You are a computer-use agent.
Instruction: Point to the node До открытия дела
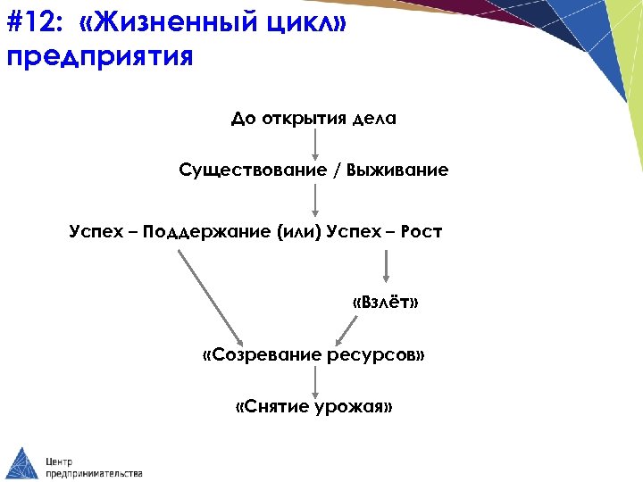[313, 120]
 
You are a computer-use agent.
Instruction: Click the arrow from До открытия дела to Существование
[314, 145]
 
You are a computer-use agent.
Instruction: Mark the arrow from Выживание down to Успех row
[314, 197]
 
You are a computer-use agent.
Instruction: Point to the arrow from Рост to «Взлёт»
[387, 266]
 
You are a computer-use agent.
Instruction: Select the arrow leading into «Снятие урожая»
[314, 381]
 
